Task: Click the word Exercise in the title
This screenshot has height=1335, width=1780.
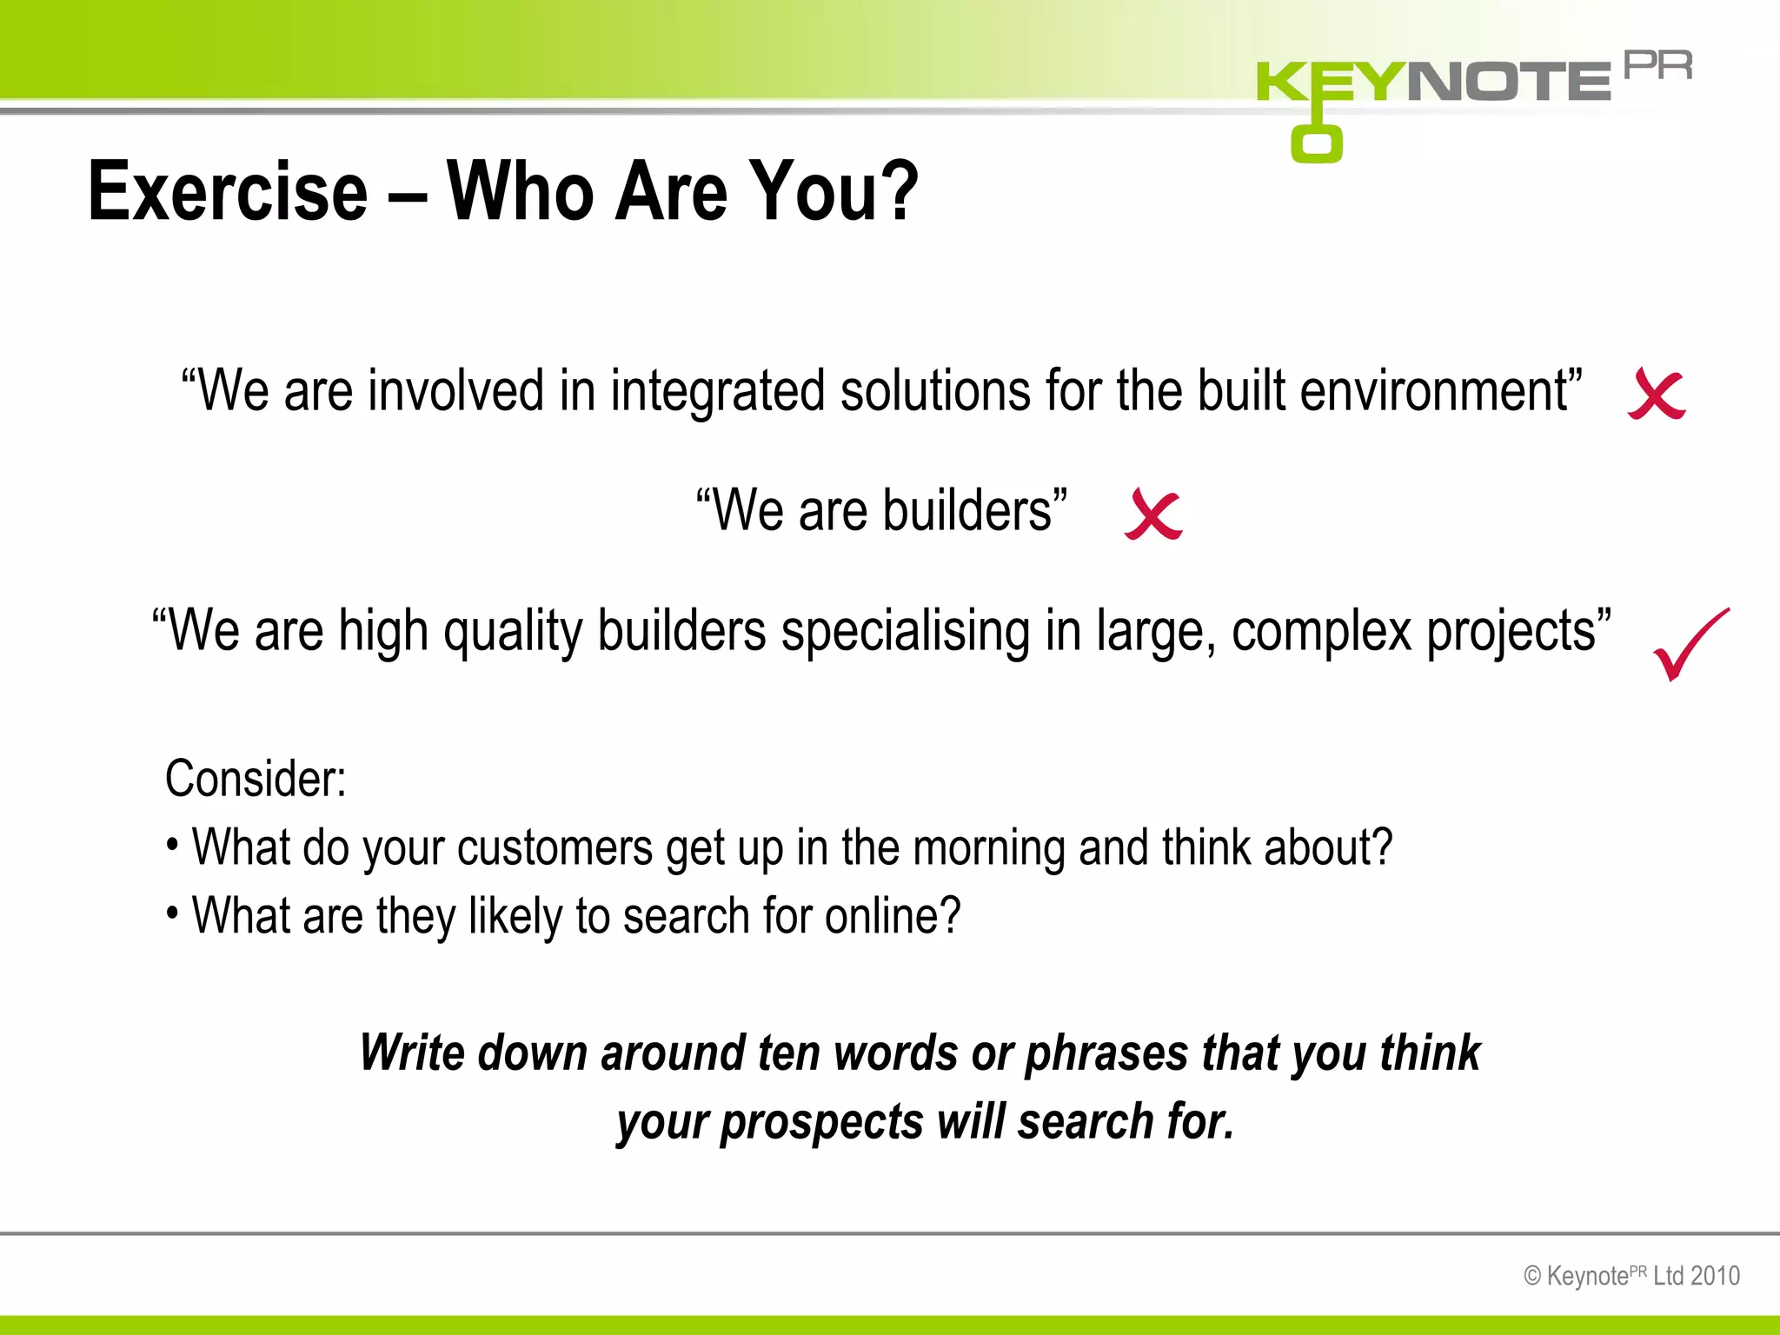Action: (228, 191)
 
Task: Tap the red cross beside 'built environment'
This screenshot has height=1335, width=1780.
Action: (1657, 395)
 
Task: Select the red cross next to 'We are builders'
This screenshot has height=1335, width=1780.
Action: (1153, 515)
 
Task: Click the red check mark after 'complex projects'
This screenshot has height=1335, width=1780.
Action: (1690, 645)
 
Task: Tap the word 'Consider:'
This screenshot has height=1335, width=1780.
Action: (256, 779)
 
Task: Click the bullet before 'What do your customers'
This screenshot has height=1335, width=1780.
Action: (173, 844)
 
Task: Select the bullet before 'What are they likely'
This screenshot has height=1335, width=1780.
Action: (173, 913)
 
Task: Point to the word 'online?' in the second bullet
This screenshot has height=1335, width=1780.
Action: (893, 916)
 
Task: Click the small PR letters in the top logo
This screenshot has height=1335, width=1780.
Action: (1657, 66)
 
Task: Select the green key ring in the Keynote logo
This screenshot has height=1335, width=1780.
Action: (1316, 143)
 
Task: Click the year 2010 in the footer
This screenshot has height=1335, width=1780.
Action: (1715, 1276)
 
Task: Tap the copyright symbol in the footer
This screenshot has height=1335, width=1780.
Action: (1532, 1277)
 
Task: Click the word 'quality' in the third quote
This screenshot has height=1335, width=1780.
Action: (513, 633)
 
